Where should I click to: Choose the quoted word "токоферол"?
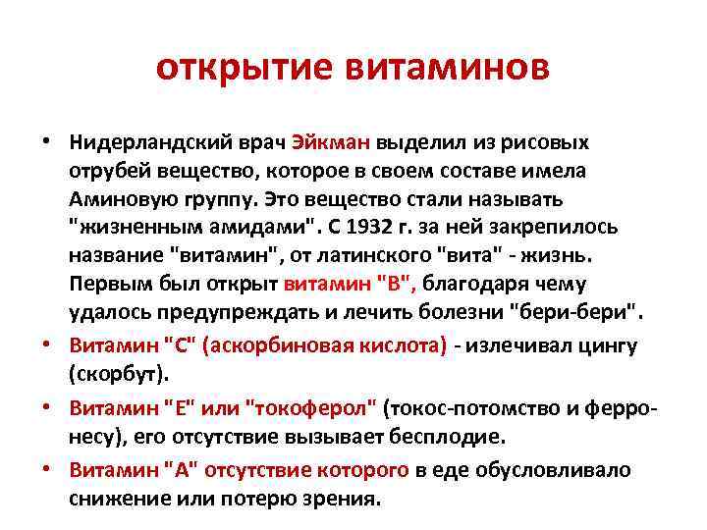pyautogui.click(x=322, y=407)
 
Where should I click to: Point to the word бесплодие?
pyautogui.click(x=451, y=436)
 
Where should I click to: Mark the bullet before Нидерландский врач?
pyautogui.click(x=47, y=141)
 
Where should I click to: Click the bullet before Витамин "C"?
pyautogui.click(x=47, y=345)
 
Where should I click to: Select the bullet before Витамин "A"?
pyautogui.click(x=47, y=469)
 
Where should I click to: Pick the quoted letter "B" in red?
pyautogui.click(x=398, y=284)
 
